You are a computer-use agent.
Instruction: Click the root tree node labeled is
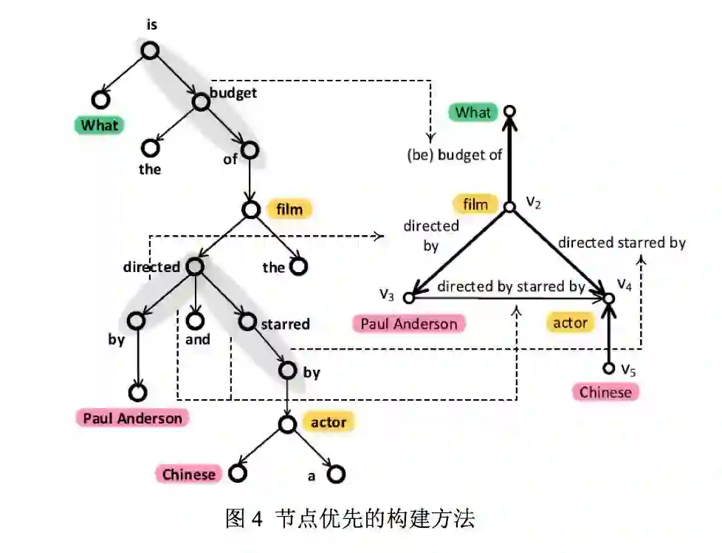click(x=150, y=50)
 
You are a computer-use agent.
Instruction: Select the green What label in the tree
click(x=99, y=125)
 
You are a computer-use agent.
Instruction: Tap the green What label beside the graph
click(x=472, y=112)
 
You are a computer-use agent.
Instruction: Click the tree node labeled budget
click(x=200, y=100)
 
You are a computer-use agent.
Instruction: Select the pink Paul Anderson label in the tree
click(x=132, y=418)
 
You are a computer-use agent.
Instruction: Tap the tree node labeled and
click(x=194, y=321)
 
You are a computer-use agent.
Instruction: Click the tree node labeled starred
click(x=247, y=321)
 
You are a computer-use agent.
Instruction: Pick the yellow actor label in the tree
click(x=328, y=422)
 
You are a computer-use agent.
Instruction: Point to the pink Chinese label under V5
click(x=605, y=392)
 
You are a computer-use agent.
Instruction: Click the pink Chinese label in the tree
click(x=188, y=474)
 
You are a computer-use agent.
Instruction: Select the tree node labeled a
click(x=336, y=474)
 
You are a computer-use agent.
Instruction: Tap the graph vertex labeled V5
click(x=608, y=367)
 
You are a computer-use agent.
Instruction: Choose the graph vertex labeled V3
click(x=410, y=297)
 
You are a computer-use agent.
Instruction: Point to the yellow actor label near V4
click(x=570, y=322)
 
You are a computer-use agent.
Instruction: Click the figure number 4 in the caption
click(x=256, y=519)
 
